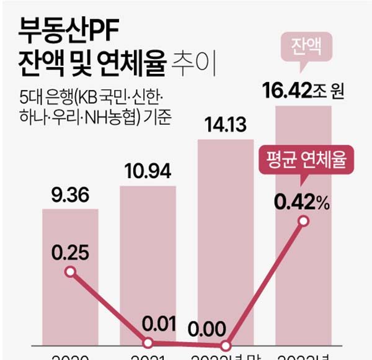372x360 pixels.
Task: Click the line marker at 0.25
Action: (x=70, y=272)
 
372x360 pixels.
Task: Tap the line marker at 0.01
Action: (x=148, y=342)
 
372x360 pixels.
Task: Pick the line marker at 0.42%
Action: (x=303, y=221)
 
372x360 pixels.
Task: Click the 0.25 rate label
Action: (x=69, y=252)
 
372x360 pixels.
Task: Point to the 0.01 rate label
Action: (x=148, y=323)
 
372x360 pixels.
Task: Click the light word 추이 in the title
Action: (x=198, y=62)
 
